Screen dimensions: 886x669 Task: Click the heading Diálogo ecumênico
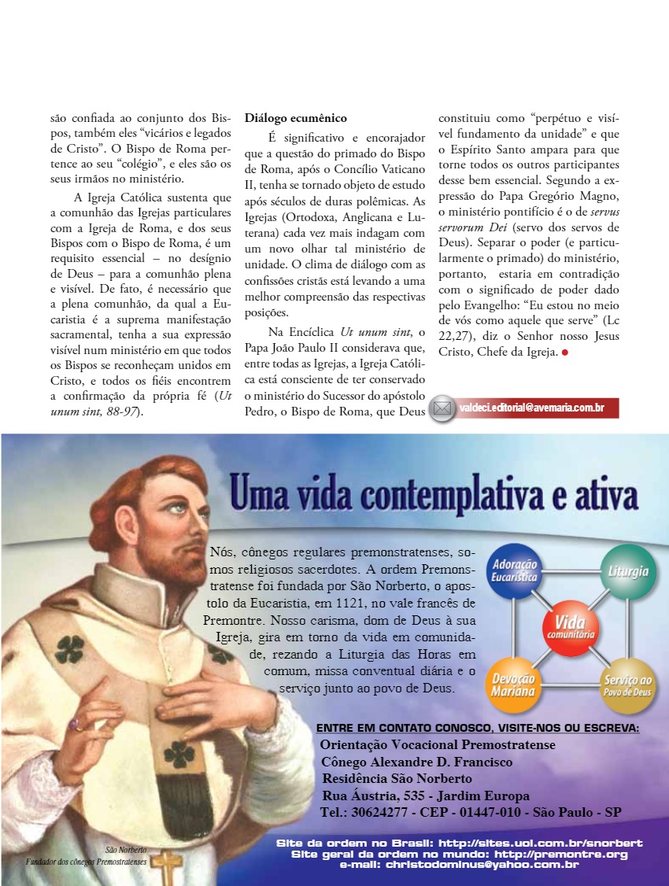click(295, 118)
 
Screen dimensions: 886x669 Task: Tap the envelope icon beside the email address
click(443, 408)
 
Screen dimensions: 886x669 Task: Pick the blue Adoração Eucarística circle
click(512, 572)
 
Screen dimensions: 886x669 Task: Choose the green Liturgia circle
click(627, 571)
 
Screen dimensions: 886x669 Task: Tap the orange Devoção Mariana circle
click(512, 683)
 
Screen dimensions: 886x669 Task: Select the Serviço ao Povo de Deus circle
click(627, 683)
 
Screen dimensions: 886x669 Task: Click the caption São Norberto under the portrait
click(126, 850)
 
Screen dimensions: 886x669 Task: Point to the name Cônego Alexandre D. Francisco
click(417, 762)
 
